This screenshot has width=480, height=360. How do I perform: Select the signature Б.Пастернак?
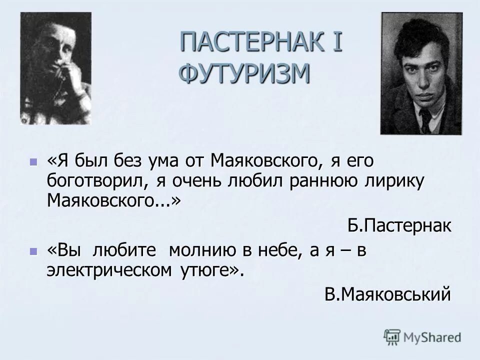[x=399, y=225]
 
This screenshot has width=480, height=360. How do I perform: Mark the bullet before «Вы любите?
[x=33, y=252]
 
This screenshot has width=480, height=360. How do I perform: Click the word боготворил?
[x=93, y=181]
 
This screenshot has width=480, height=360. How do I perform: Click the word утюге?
[x=206, y=271]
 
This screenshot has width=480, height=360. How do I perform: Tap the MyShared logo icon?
[x=392, y=336]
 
